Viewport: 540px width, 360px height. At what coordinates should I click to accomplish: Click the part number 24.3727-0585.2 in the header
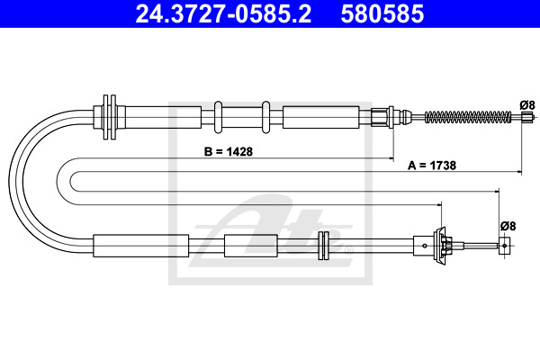[223, 13]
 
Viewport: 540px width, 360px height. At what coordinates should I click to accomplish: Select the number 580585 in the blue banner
[382, 13]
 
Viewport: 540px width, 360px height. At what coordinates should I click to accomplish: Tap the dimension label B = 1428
[229, 151]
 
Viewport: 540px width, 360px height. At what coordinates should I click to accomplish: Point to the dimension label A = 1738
[432, 166]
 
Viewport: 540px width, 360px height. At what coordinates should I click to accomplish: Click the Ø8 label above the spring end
[527, 104]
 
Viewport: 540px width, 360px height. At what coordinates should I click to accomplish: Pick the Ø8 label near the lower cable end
[508, 226]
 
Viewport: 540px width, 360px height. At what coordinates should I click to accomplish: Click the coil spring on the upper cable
[468, 117]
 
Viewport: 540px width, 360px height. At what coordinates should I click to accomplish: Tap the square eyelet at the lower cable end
[504, 246]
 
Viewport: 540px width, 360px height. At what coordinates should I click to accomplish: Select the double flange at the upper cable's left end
[110, 117]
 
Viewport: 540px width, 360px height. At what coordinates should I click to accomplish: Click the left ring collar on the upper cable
[218, 117]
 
